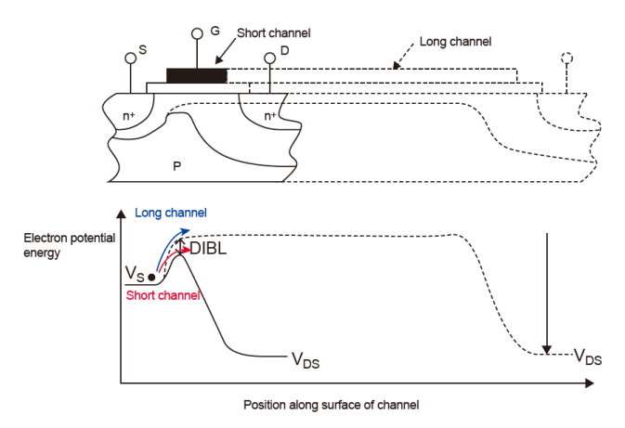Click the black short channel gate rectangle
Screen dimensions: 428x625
point(196,75)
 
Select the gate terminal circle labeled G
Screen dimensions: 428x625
point(197,33)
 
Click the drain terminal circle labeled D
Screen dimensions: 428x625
point(270,58)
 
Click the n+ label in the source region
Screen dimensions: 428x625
point(128,117)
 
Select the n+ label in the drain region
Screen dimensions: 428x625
point(269,117)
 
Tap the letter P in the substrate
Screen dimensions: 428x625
point(177,163)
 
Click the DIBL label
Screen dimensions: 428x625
point(209,249)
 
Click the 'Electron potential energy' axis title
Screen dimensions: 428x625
point(70,243)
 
